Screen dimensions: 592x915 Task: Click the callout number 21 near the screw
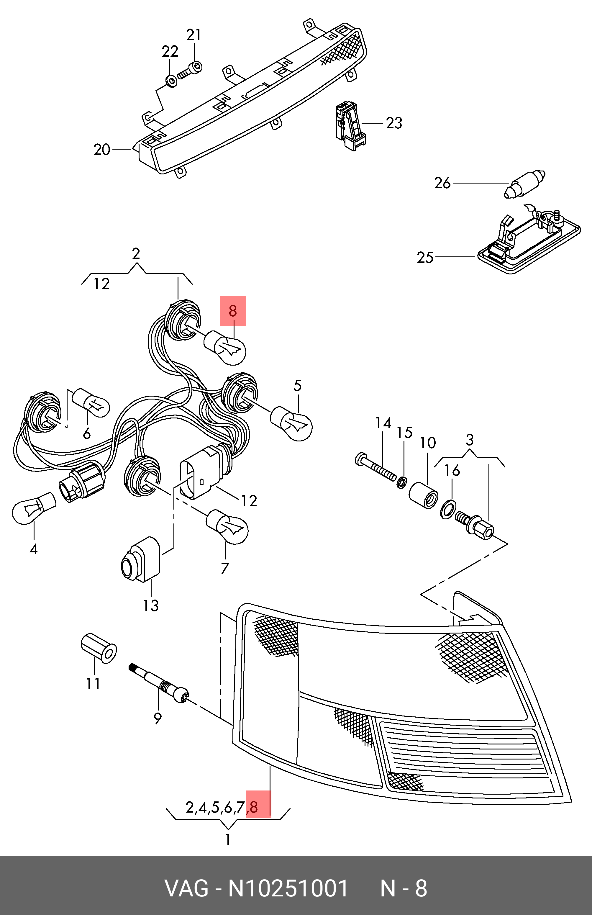[194, 35]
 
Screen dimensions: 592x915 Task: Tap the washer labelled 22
[171, 81]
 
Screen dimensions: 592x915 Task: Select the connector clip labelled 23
[349, 126]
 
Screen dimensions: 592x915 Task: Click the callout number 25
[425, 257]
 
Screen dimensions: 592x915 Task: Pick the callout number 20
[102, 150]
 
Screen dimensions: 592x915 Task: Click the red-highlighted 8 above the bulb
[232, 311]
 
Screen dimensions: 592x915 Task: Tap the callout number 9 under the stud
[158, 718]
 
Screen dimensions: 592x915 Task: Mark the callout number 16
[452, 470]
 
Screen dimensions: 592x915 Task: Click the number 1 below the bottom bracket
[228, 840]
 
